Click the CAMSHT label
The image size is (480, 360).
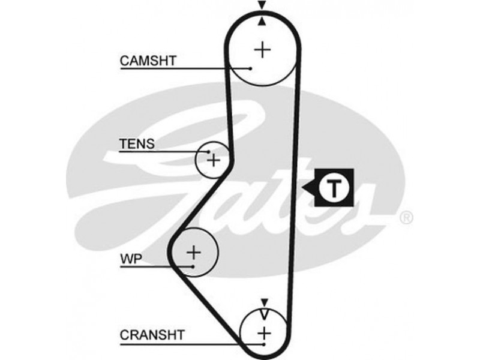(x=143, y=60)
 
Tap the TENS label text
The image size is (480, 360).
(x=137, y=144)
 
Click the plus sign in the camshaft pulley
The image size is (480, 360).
(x=262, y=49)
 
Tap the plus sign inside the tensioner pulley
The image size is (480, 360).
(x=214, y=160)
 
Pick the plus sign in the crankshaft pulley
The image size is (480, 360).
(x=263, y=332)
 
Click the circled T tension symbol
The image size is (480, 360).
(x=334, y=188)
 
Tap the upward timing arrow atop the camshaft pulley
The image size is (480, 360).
(x=262, y=22)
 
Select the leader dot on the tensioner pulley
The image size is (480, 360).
(x=208, y=152)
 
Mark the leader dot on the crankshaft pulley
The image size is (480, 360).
(x=263, y=345)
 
